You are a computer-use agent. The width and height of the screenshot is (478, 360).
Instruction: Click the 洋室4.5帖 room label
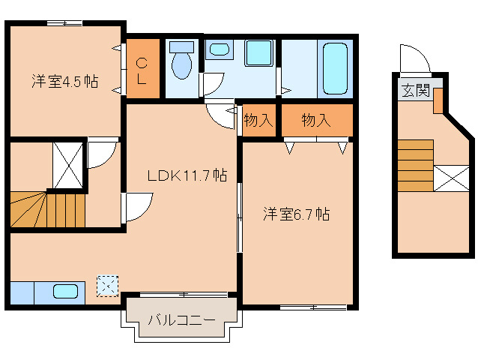[65, 81]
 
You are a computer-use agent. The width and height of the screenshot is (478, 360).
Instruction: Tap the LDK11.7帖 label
[187, 175]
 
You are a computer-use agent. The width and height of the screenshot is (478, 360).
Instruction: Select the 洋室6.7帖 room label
[296, 214]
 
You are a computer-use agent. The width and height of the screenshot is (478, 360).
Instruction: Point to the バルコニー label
[181, 320]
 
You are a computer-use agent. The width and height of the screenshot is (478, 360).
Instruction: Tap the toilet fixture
[181, 63]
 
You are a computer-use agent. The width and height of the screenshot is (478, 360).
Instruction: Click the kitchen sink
[67, 291]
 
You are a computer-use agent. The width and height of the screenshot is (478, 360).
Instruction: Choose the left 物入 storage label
[258, 120]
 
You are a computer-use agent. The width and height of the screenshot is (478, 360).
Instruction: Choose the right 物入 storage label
[316, 120]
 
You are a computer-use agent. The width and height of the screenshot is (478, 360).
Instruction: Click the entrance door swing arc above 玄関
[413, 58]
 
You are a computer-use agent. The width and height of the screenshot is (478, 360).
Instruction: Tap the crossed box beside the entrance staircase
[452, 178]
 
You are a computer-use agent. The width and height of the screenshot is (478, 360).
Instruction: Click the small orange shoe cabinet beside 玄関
[438, 100]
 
